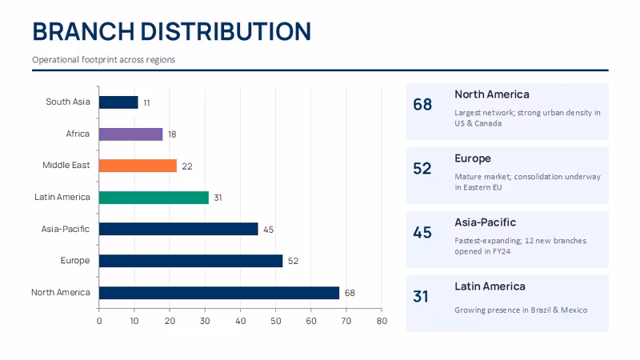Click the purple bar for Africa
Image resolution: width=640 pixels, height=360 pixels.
pyautogui.click(x=130, y=134)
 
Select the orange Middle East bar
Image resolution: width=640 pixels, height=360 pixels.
pyautogui.click(x=138, y=166)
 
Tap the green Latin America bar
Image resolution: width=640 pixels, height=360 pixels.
pyautogui.click(x=154, y=198)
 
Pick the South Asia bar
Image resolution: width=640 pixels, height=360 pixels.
pyautogui.click(x=118, y=102)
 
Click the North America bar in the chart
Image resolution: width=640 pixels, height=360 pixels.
pyautogui.click(x=219, y=293)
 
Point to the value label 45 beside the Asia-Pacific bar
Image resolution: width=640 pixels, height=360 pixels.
pyautogui.click(x=268, y=230)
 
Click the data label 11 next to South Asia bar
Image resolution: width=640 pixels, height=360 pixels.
pyautogui.click(x=146, y=103)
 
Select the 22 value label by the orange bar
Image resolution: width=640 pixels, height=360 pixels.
pyautogui.click(x=187, y=166)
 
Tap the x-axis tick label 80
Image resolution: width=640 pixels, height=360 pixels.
pyautogui.click(x=382, y=321)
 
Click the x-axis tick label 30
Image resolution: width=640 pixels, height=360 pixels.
pyautogui.click(x=205, y=321)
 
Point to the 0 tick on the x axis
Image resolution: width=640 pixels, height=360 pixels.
pyautogui.click(x=99, y=321)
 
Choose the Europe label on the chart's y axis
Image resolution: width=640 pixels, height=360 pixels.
pyautogui.click(x=75, y=261)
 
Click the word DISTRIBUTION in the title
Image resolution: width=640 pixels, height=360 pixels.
pyautogui.click(x=226, y=31)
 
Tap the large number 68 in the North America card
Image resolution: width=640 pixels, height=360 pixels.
pyautogui.click(x=422, y=105)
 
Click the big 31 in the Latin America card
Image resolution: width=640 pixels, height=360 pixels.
pyautogui.click(x=421, y=297)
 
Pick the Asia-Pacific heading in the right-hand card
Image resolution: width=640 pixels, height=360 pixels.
pyautogui.click(x=486, y=222)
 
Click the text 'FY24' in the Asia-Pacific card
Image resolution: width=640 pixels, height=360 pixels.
pyautogui.click(x=502, y=251)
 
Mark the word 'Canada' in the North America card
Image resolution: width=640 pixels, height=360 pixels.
pyautogui.click(x=488, y=123)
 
